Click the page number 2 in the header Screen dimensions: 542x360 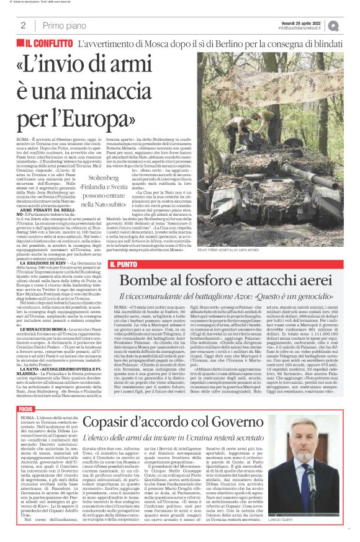point(23,25)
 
